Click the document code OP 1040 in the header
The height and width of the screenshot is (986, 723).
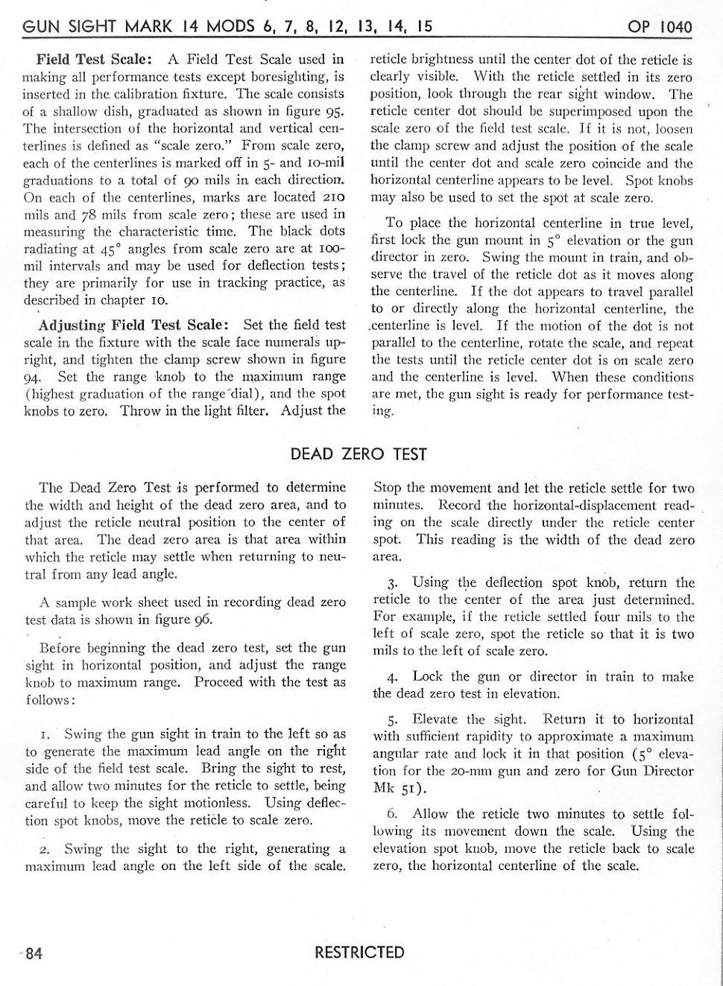660,28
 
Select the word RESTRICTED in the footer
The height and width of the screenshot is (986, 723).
359,952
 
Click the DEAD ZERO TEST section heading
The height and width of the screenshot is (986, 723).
359,454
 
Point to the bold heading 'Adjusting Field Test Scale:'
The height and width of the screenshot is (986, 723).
133,325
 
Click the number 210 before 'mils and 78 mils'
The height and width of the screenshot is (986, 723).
331,197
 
